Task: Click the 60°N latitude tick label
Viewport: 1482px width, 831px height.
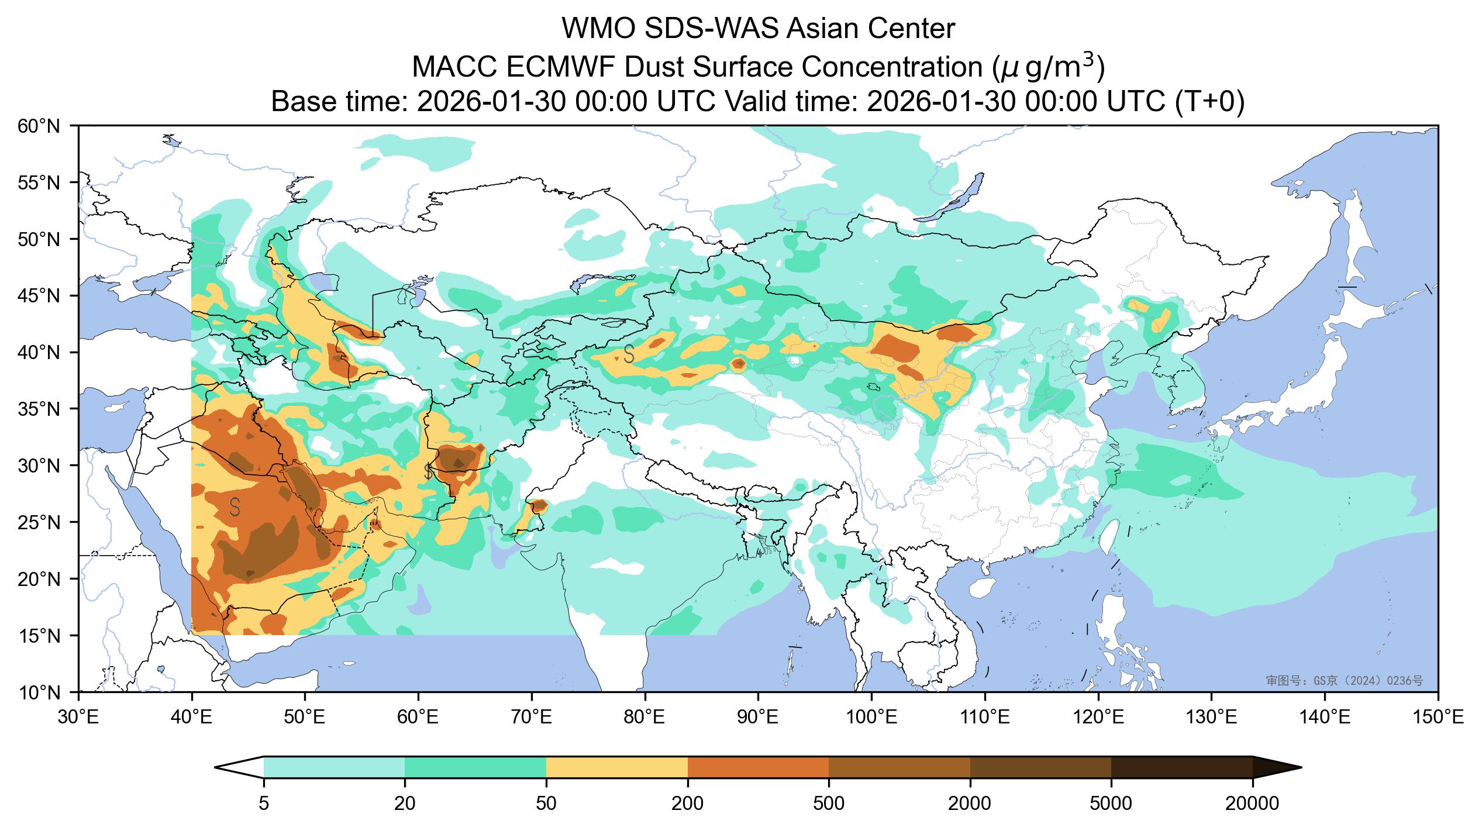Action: pyautogui.click(x=39, y=126)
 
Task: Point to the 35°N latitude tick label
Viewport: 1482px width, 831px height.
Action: pyautogui.click(x=39, y=409)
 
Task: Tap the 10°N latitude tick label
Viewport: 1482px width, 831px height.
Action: pyautogui.click(x=39, y=692)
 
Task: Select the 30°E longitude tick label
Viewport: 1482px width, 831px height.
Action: pyautogui.click(x=78, y=717)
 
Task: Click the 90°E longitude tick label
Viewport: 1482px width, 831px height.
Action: pyautogui.click(x=759, y=717)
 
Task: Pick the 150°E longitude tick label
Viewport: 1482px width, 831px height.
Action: pyautogui.click(x=1437, y=717)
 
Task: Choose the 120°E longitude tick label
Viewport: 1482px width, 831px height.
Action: pyautogui.click(x=1098, y=717)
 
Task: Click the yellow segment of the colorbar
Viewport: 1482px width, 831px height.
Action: pyautogui.click(x=617, y=767)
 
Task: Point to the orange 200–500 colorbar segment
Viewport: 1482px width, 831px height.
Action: pyautogui.click(x=758, y=767)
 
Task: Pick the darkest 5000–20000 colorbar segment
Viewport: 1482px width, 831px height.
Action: pyautogui.click(x=1181, y=767)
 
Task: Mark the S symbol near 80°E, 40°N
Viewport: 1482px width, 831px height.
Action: pyautogui.click(x=629, y=354)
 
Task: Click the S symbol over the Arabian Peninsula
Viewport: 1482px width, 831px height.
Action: pyautogui.click(x=235, y=507)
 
